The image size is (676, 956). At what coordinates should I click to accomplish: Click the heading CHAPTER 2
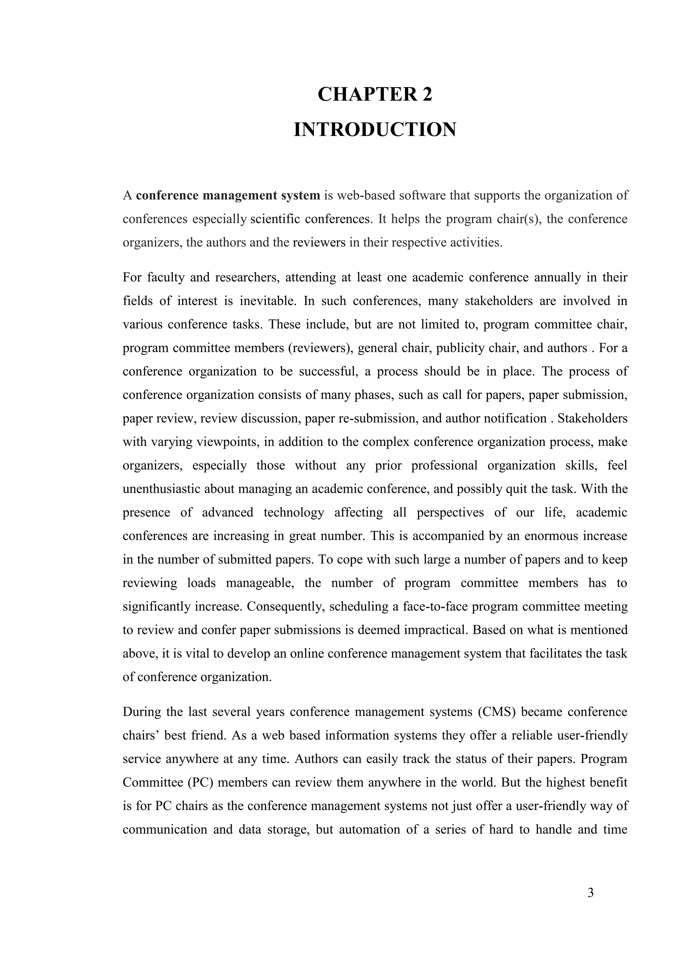(375, 94)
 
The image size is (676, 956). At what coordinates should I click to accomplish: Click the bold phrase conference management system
(228, 195)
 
